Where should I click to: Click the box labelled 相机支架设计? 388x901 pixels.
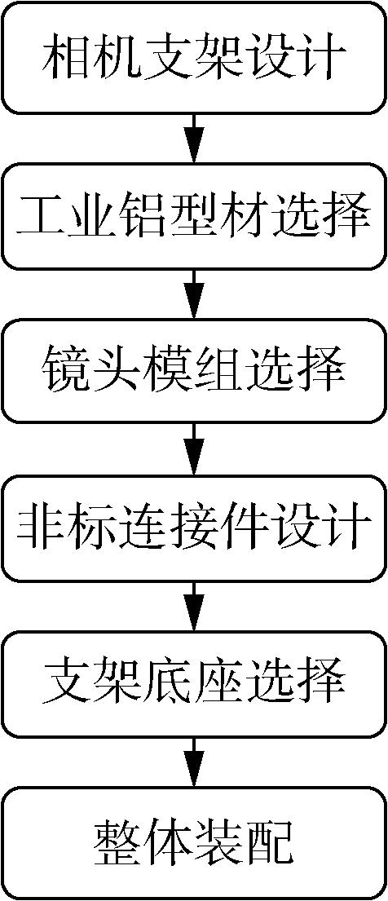[194, 57]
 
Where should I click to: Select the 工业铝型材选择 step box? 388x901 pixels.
[194, 215]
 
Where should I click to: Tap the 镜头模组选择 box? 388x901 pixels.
[194, 373]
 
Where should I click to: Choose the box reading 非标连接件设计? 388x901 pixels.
[194, 528]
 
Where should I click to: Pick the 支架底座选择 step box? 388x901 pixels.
[194, 685]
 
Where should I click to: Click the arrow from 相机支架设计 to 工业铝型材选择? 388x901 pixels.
[194, 137]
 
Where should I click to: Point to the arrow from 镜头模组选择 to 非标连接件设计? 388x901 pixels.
[194, 450]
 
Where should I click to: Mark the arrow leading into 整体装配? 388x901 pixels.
[194, 762]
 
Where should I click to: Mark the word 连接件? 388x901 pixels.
[194, 528]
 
